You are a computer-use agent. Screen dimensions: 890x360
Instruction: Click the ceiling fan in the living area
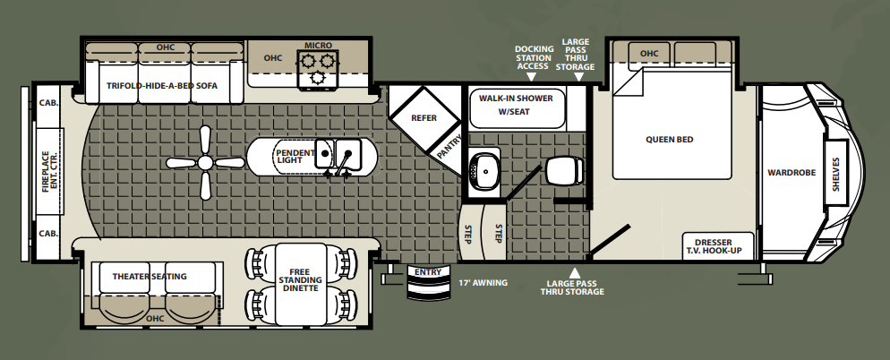tap(205, 163)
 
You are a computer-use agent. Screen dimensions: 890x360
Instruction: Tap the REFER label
tap(424, 118)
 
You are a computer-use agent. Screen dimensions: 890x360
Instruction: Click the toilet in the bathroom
tap(564, 170)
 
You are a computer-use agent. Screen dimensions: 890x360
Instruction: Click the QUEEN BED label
tap(669, 139)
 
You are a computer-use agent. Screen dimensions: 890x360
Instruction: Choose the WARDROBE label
tap(792, 173)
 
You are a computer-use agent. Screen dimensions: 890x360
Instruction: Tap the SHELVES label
tap(835, 174)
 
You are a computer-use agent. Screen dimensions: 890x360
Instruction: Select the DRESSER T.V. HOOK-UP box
tap(717, 246)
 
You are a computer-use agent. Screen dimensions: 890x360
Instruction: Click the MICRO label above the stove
tap(318, 46)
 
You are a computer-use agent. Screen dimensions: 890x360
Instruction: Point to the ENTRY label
tap(427, 272)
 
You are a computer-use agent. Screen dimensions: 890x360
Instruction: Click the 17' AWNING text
tap(483, 282)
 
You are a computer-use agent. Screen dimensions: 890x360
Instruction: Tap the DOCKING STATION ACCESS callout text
tap(533, 57)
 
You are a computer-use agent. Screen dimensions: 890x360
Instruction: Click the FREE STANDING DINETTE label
tap(300, 280)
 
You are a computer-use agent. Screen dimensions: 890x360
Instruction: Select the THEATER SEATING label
tap(150, 277)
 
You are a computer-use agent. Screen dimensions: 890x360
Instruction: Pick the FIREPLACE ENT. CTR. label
tap(49, 171)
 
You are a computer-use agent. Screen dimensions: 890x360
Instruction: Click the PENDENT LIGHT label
tap(295, 156)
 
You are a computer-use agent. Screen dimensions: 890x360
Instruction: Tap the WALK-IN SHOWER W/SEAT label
tap(516, 105)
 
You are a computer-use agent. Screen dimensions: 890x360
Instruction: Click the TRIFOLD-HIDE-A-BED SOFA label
tap(162, 86)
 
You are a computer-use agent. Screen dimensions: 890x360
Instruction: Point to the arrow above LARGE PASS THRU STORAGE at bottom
tap(575, 272)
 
